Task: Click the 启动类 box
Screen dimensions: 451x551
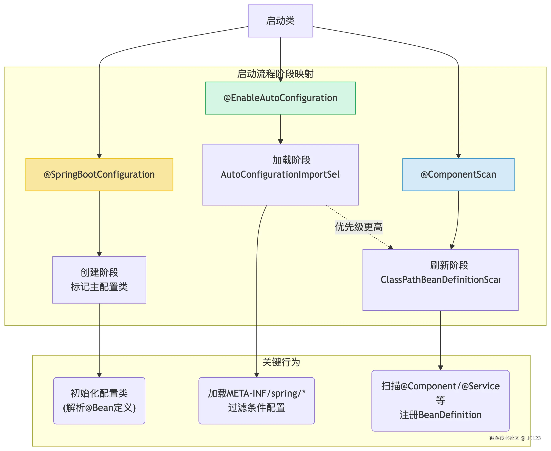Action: (x=280, y=21)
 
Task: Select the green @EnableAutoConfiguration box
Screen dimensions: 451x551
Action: (x=280, y=98)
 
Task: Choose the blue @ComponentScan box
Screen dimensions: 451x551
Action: (x=458, y=175)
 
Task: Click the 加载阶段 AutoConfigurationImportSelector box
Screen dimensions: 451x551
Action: (x=280, y=175)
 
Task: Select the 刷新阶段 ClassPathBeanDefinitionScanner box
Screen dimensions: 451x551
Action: (x=440, y=280)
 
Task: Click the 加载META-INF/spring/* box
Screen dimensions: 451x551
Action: (x=256, y=401)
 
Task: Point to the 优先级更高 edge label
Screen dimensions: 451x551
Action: (x=359, y=227)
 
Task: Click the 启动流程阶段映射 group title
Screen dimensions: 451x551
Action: (x=275, y=74)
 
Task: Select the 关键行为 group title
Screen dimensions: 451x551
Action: (x=281, y=362)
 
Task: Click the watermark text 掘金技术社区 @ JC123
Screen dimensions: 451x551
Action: (x=515, y=438)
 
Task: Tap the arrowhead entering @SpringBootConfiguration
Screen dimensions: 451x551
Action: (x=99, y=156)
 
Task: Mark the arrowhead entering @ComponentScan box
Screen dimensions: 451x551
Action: (x=458, y=156)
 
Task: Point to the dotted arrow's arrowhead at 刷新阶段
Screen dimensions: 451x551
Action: (x=390, y=247)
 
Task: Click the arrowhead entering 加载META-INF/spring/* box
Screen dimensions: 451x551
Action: (x=257, y=375)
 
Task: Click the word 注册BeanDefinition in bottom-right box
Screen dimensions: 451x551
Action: (x=440, y=415)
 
